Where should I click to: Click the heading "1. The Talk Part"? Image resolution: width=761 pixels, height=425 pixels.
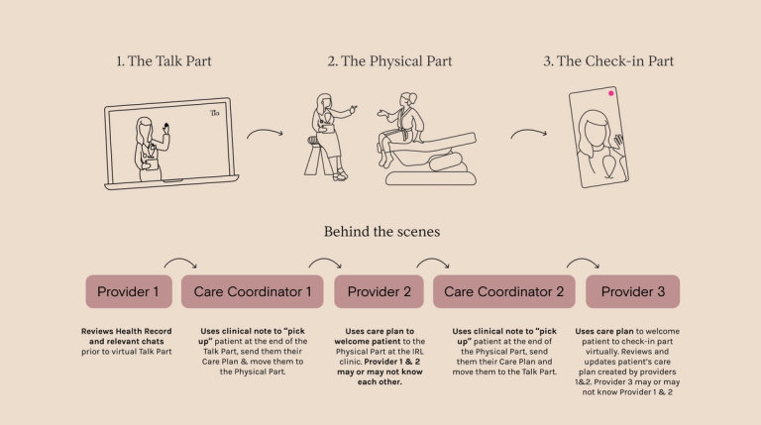[x=163, y=61]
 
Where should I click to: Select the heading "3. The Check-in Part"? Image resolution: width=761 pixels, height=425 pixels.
[x=608, y=61]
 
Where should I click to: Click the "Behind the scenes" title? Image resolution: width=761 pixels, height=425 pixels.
[x=381, y=231]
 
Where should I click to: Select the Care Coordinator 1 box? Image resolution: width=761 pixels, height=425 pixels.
[x=252, y=292]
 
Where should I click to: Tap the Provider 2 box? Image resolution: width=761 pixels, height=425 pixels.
[x=378, y=292]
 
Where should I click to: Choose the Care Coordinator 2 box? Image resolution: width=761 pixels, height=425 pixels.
[x=504, y=292]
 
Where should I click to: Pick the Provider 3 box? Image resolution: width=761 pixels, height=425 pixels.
[x=632, y=292]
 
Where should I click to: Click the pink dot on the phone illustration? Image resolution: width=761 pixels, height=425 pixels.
[x=612, y=94]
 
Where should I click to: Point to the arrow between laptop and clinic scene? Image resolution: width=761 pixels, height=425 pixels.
[x=264, y=133]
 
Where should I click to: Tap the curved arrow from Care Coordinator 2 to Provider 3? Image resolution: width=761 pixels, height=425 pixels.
[x=583, y=264]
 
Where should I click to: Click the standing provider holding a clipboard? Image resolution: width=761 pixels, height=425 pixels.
[x=326, y=134]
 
